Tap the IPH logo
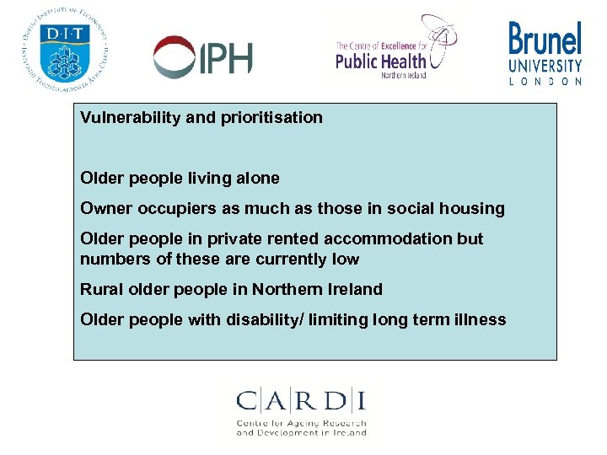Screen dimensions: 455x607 [203, 56]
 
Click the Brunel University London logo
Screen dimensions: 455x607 [545, 52]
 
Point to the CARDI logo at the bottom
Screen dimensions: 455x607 [302, 412]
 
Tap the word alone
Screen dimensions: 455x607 [257, 178]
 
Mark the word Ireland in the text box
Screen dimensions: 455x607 [355, 289]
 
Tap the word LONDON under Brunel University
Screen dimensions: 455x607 [545, 82]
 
